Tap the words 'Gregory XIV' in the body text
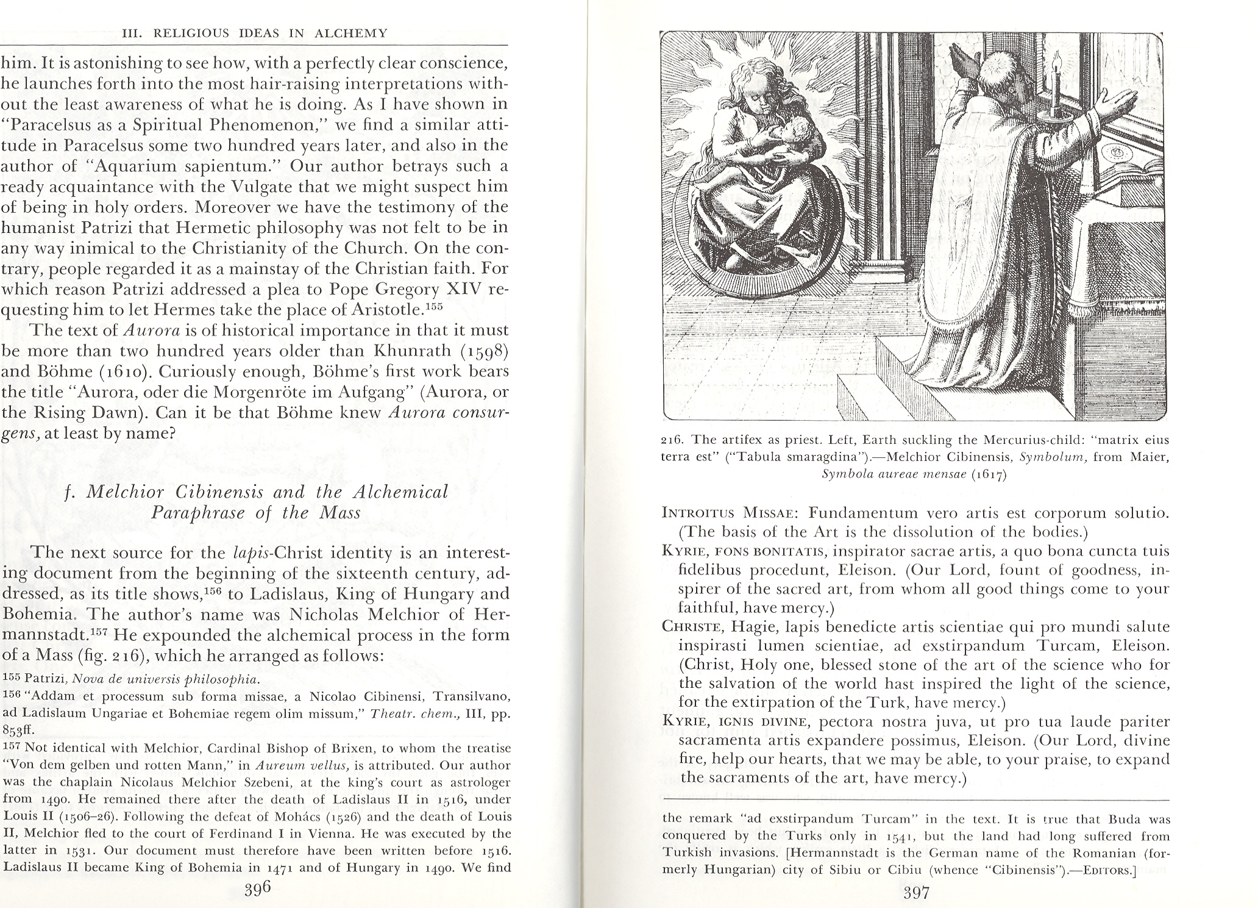click(444, 288)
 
